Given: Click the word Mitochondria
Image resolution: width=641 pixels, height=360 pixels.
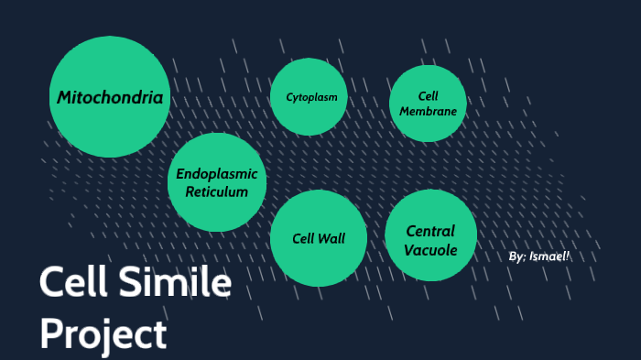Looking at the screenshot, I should (110, 97).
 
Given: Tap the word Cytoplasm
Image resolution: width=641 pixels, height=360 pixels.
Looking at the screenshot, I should (311, 96).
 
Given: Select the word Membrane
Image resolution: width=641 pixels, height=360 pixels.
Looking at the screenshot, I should (428, 112).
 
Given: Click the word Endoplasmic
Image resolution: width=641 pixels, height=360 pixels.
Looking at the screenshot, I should (217, 174).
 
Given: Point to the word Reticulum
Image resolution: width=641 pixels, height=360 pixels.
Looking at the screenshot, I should (217, 191).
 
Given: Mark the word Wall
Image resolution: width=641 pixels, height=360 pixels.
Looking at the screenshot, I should (331, 238).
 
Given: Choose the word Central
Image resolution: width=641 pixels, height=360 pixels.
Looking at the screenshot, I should (430, 231).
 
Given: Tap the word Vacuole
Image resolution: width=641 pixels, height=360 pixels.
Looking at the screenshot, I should (430, 249).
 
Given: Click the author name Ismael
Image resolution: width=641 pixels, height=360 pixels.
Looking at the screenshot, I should (549, 256).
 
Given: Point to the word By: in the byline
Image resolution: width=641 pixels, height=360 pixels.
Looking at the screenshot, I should (516, 256).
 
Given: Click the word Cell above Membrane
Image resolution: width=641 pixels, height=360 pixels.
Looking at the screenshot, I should (428, 96).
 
